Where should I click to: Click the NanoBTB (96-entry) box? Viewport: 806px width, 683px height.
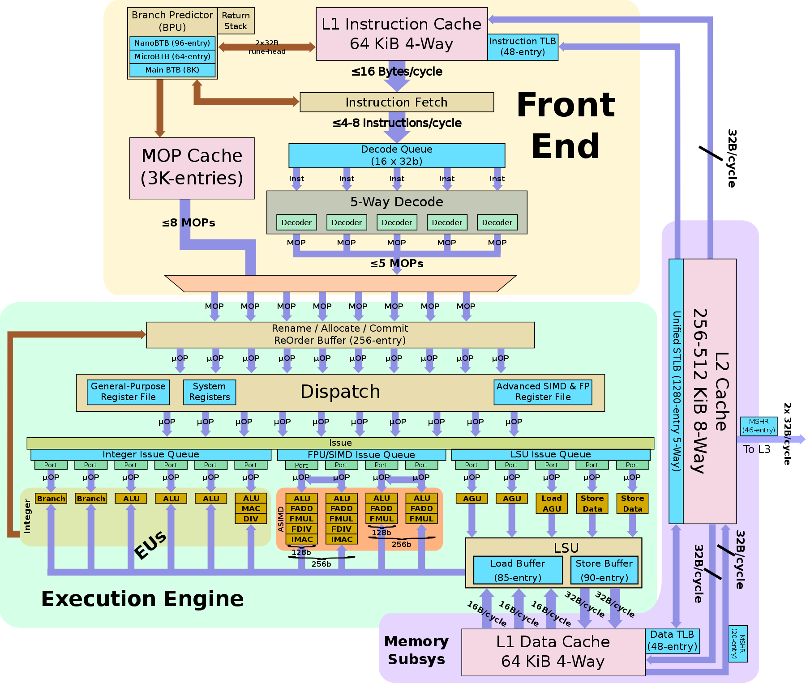(x=172, y=43)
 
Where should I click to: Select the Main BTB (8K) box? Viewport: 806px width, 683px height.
(x=172, y=70)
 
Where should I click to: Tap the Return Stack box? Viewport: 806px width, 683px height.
(x=236, y=21)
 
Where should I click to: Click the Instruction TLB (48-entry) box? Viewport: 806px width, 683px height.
(x=522, y=47)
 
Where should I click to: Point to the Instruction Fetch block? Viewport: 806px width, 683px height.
(x=396, y=102)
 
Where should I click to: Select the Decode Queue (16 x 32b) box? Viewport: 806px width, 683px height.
(x=396, y=155)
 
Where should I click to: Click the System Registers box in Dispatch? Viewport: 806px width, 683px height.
(x=209, y=392)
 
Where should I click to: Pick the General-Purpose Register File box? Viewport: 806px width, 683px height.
(x=128, y=392)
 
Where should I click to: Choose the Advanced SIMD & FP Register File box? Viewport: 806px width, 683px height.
(x=543, y=392)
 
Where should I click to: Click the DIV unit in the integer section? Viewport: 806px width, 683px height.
(x=251, y=519)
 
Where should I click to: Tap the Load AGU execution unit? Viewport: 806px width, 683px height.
(x=552, y=504)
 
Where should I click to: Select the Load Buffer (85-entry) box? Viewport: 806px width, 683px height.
(x=518, y=570)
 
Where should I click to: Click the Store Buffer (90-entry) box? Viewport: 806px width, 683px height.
(x=604, y=570)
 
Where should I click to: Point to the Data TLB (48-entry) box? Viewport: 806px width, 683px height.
(x=672, y=640)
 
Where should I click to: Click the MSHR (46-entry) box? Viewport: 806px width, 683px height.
(x=759, y=426)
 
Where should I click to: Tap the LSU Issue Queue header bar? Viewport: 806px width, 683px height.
(x=551, y=454)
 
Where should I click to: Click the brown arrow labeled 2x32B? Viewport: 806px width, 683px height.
(x=267, y=47)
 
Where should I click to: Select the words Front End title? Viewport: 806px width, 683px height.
(x=566, y=125)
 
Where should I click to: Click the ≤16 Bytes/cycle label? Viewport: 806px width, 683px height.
(x=397, y=72)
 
